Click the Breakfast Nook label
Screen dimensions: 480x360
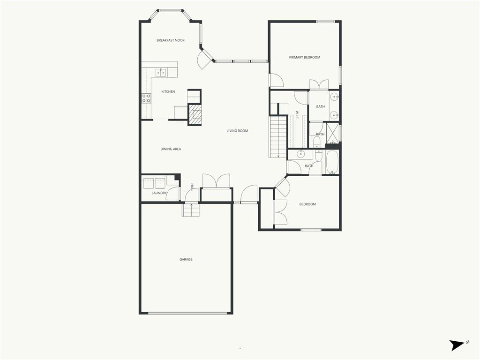pos(171,40)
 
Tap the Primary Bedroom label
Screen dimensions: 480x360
pos(305,57)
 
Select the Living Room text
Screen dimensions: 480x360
pos(237,131)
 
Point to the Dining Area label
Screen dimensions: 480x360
pos(171,149)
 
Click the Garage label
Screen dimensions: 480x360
pos(186,259)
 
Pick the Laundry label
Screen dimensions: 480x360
pos(159,193)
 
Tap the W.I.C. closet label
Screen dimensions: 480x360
pos(297,115)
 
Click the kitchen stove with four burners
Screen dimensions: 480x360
pos(146,98)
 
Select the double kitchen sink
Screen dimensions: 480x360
pos(161,73)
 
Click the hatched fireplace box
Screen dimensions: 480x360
pos(195,114)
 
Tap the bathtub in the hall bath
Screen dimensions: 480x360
pos(332,162)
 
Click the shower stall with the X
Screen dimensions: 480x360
pos(332,133)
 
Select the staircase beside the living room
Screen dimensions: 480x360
pos(278,137)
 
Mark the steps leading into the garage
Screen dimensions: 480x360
pos(191,210)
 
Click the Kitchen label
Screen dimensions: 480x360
pos(168,91)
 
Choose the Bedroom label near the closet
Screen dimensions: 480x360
pos(307,204)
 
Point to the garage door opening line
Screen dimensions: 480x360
pos(187,313)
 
